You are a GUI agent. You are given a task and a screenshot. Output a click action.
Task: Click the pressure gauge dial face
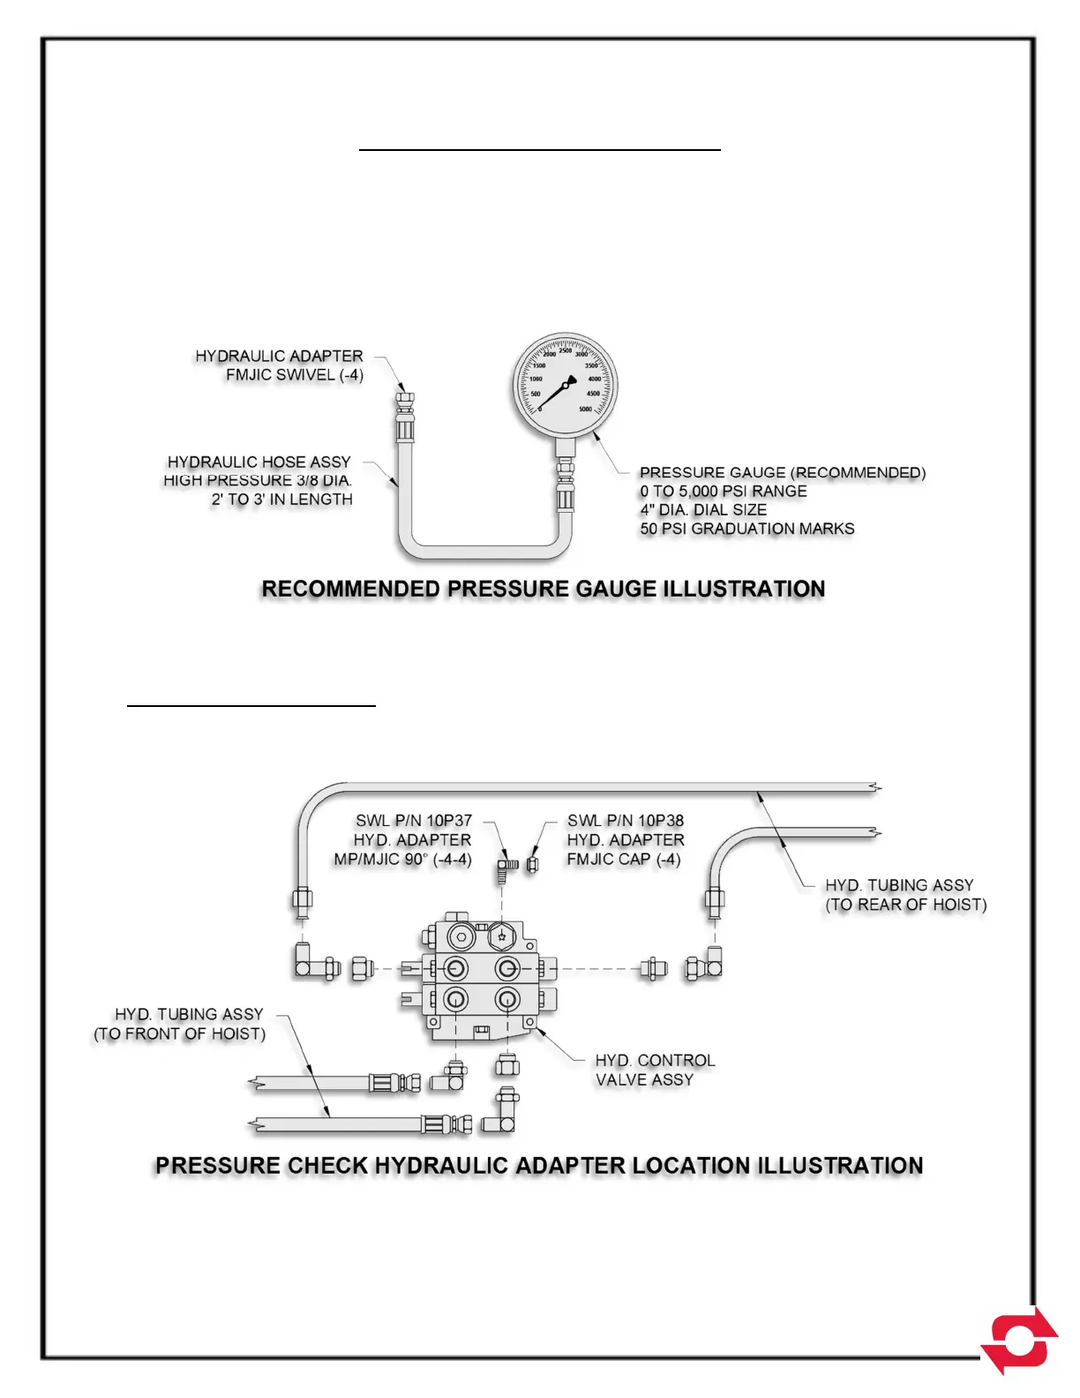point(566,386)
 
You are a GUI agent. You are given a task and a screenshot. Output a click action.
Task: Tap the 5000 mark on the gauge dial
point(586,410)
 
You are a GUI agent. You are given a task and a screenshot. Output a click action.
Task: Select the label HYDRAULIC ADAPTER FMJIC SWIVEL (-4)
point(280,365)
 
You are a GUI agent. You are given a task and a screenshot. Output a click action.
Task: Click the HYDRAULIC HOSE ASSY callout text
point(259,462)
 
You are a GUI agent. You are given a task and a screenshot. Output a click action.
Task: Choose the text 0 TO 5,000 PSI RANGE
point(724,491)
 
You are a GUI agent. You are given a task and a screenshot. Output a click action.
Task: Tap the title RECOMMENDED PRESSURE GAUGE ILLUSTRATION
point(544,589)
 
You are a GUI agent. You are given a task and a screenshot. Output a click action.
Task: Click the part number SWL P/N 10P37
point(413,821)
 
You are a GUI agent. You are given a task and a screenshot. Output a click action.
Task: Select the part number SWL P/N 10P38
point(626,821)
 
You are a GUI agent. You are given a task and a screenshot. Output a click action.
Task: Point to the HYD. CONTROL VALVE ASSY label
point(655,1070)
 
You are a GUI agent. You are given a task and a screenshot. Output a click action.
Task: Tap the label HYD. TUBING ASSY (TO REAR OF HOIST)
point(905,894)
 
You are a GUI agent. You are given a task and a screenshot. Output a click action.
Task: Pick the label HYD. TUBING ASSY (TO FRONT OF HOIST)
point(180,1024)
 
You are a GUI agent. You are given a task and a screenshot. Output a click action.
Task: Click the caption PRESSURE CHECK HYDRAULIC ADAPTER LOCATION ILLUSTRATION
point(539,1165)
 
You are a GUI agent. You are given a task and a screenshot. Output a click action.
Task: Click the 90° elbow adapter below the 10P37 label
point(507,867)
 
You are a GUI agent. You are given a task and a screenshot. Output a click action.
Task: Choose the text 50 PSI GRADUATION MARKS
point(747,529)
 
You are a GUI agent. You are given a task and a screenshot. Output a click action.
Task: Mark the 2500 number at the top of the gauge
point(566,350)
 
